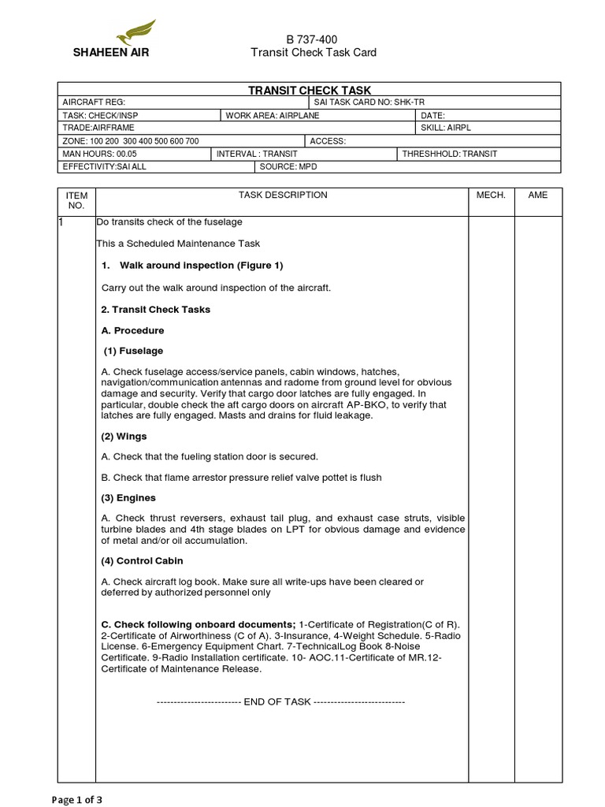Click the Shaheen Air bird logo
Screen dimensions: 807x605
[x=135, y=35]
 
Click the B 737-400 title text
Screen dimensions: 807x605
[x=313, y=39]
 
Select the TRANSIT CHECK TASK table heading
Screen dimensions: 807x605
[x=310, y=91]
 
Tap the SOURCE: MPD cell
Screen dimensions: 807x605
[x=286, y=166]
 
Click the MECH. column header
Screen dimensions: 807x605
[x=492, y=195]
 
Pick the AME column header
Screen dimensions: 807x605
[x=538, y=195]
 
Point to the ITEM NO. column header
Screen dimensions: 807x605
[x=76, y=200]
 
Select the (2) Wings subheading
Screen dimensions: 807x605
[x=124, y=436]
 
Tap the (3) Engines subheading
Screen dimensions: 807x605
[x=128, y=498]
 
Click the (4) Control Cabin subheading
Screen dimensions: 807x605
[x=142, y=561]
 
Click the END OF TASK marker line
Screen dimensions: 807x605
[x=280, y=701]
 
